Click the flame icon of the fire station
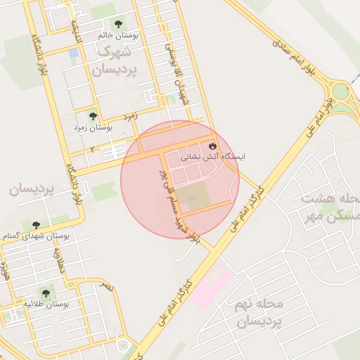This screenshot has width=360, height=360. coord(211,145)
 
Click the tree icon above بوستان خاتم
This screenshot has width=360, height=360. coord(116,23)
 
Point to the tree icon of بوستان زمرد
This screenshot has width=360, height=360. coord(92,116)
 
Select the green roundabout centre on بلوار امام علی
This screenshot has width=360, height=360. coord(341,91)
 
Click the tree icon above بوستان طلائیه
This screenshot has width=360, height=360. coord(46,292)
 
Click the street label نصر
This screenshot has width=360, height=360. coord(105,285)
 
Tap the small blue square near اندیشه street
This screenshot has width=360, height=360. coord(74,53)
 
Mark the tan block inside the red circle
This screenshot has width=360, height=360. coord(192,196)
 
